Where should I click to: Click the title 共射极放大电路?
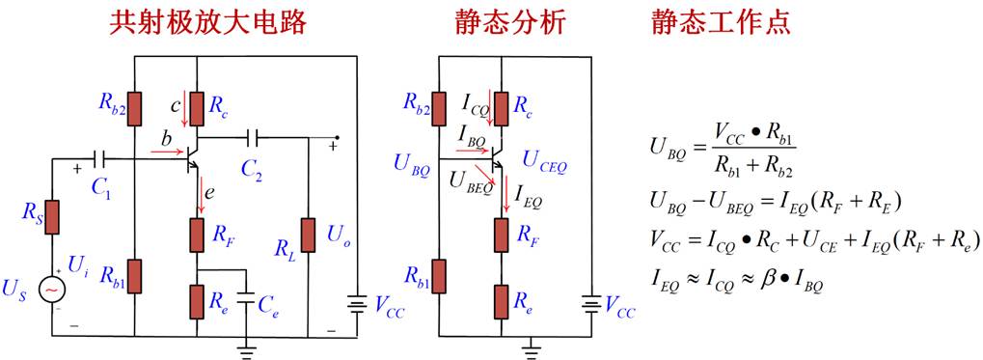[208, 22]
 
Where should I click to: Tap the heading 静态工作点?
[721, 22]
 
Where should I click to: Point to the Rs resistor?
[52, 217]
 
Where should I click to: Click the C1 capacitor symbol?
[97, 159]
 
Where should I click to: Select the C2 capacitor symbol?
[253, 137]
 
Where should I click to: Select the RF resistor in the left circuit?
[198, 235]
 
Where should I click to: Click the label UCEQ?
[543, 165]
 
